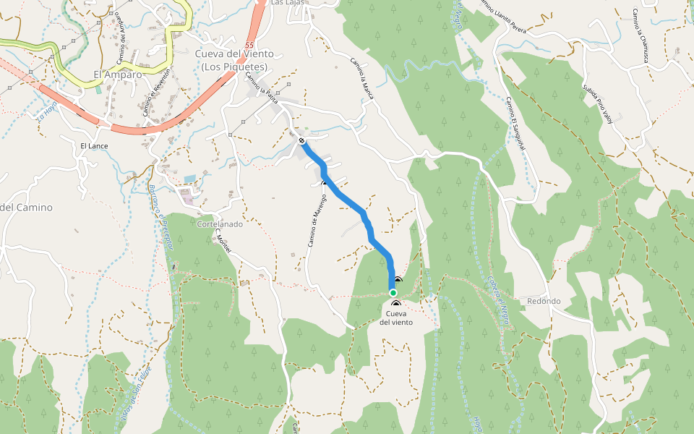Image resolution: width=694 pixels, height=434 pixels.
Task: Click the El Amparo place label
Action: [x=117, y=74]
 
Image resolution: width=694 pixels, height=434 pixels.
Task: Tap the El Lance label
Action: [x=93, y=146]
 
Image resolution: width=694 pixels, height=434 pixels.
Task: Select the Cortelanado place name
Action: [x=220, y=224]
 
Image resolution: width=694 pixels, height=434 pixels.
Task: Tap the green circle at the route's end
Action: [x=393, y=293]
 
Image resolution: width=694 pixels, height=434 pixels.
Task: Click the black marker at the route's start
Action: [x=301, y=141]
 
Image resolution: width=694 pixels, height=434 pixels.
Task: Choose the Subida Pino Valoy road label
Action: [x=597, y=104]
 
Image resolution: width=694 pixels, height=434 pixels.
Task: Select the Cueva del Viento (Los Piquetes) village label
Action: [x=234, y=60]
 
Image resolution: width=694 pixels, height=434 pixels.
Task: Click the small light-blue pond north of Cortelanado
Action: [x=189, y=179]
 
